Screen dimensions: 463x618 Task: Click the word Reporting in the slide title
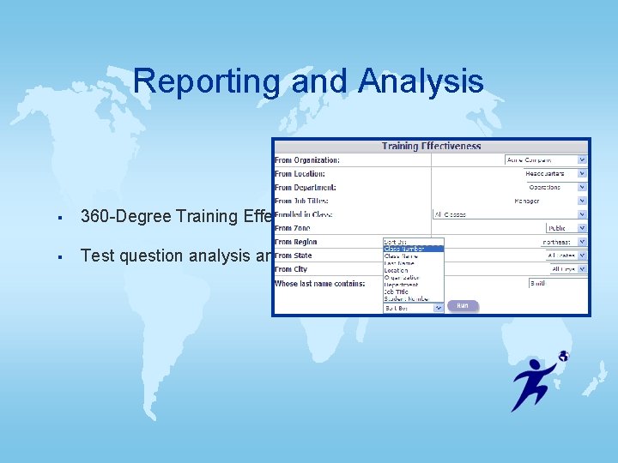[x=207, y=82]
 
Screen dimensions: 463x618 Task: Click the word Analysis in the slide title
[x=421, y=82]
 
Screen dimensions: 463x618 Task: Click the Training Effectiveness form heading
[x=431, y=147]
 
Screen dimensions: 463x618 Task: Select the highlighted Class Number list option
[x=413, y=249]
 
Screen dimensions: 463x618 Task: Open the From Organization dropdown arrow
[x=582, y=160]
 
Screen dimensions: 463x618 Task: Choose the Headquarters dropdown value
[x=549, y=174]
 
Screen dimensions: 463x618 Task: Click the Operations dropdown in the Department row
[x=549, y=187]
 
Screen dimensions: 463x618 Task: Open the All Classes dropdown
[x=510, y=214]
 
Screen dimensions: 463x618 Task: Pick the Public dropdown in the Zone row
[x=566, y=228]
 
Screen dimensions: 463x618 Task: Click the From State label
[x=294, y=256]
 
